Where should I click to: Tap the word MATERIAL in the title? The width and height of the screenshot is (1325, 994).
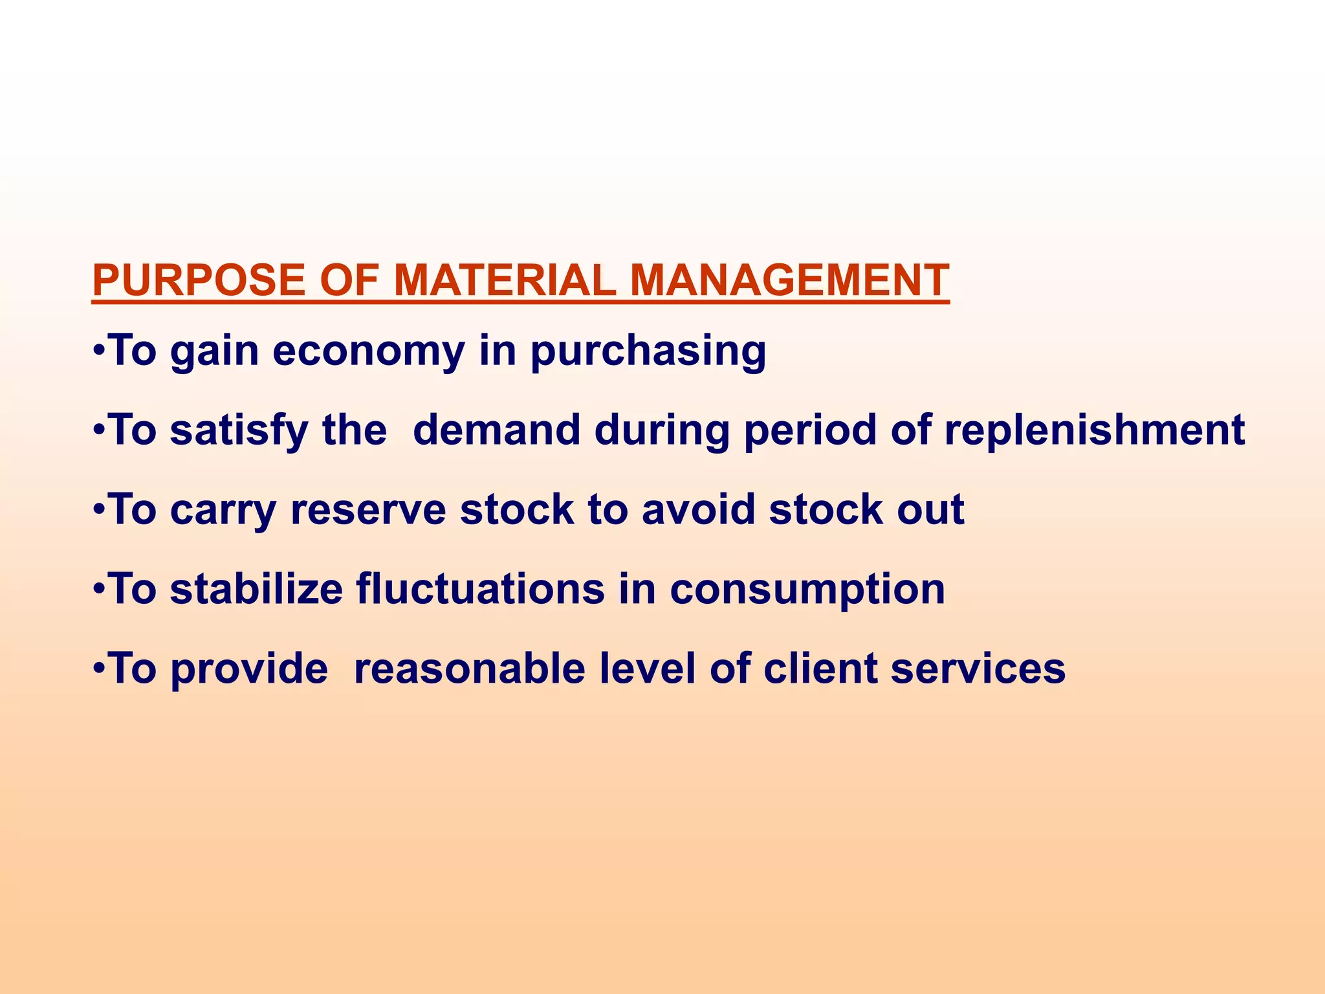[x=505, y=280]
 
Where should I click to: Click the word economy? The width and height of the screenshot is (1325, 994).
[x=368, y=352]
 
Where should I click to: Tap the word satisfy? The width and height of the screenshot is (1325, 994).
[x=239, y=432]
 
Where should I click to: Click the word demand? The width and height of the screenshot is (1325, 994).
[x=496, y=430]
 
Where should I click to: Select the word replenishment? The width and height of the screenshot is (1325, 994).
[x=1094, y=432]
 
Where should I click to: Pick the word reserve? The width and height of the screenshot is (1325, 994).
[x=368, y=510]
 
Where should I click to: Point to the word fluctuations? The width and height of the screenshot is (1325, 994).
[x=480, y=589]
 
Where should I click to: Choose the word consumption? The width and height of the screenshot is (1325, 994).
[x=807, y=590]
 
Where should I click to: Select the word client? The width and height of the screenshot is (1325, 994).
[x=820, y=668]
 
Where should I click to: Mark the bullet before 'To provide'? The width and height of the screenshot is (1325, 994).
[x=98, y=668]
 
